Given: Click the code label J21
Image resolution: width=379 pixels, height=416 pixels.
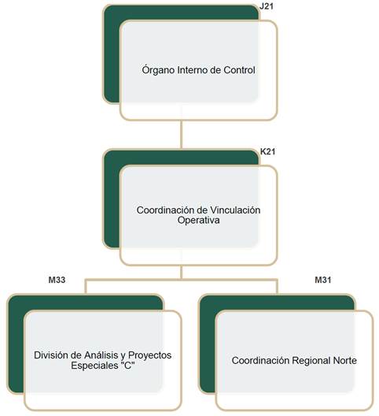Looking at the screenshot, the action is (x=267, y=6).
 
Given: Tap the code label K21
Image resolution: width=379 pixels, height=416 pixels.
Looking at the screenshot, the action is (x=268, y=151).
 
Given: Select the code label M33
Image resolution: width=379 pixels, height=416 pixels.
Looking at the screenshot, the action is (x=57, y=280).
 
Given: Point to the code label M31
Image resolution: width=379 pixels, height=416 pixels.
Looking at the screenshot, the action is (x=323, y=280).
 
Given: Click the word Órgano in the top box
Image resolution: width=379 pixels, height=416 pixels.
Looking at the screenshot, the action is (x=158, y=70).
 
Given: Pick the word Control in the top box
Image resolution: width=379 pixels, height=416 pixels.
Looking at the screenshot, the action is (x=239, y=70).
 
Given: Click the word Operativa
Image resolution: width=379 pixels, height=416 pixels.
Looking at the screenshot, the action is (x=199, y=220).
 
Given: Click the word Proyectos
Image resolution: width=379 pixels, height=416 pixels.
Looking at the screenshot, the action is (x=149, y=355).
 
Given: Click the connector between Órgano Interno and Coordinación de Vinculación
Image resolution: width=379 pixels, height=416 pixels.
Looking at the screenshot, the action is (x=182, y=134).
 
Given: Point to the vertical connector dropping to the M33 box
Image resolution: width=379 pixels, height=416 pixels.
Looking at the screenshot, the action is (x=85, y=286).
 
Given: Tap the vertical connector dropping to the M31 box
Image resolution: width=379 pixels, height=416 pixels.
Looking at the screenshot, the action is (x=278, y=286).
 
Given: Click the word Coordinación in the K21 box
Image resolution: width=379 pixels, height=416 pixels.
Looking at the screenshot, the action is (x=166, y=210).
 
